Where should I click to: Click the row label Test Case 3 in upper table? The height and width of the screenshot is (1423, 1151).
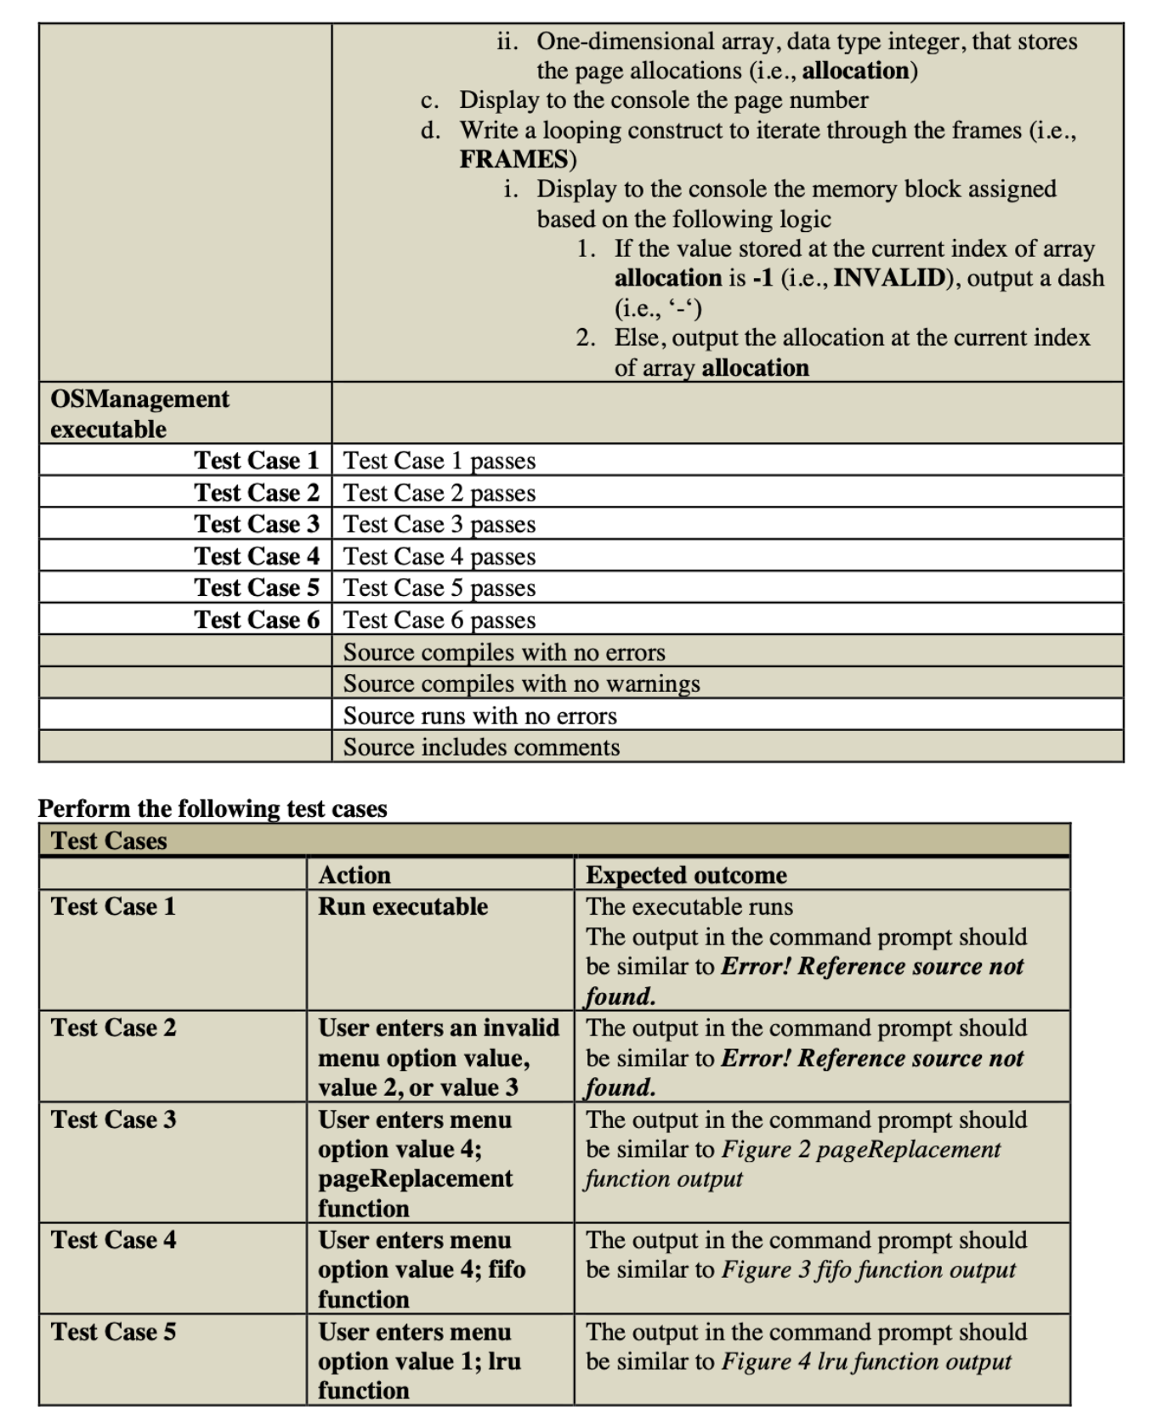coord(256,524)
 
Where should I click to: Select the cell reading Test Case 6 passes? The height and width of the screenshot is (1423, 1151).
coord(439,620)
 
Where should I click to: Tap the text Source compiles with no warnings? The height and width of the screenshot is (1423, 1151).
coord(521,683)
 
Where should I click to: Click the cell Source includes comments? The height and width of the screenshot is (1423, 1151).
coord(481,747)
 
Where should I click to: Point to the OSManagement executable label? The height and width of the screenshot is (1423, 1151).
coord(139,413)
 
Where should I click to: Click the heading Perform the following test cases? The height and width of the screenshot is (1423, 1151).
coord(213,808)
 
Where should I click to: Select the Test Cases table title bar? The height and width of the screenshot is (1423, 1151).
coord(553,840)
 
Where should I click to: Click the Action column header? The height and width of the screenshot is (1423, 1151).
coord(354,875)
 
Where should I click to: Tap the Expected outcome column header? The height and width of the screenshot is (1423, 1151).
coord(685,875)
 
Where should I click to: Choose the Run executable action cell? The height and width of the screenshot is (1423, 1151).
coord(403,906)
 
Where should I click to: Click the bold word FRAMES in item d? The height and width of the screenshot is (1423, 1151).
coord(514,159)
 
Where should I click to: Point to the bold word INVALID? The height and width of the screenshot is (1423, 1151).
coord(888,278)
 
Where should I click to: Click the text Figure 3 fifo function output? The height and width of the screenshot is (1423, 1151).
coord(868,1269)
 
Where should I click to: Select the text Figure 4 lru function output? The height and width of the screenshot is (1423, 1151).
coord(865,1361)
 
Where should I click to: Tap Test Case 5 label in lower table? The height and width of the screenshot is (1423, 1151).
coord(113,1331)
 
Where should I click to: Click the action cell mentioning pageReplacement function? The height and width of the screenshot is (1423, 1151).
coord(415,1163)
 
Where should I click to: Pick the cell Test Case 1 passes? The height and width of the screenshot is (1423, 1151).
coord(439,461)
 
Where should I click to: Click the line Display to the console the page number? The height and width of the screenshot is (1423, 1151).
coord(663,100)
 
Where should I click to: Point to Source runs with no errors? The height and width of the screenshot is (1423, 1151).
coord(479,716)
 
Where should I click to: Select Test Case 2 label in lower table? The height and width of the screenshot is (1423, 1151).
coord(113,1028)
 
